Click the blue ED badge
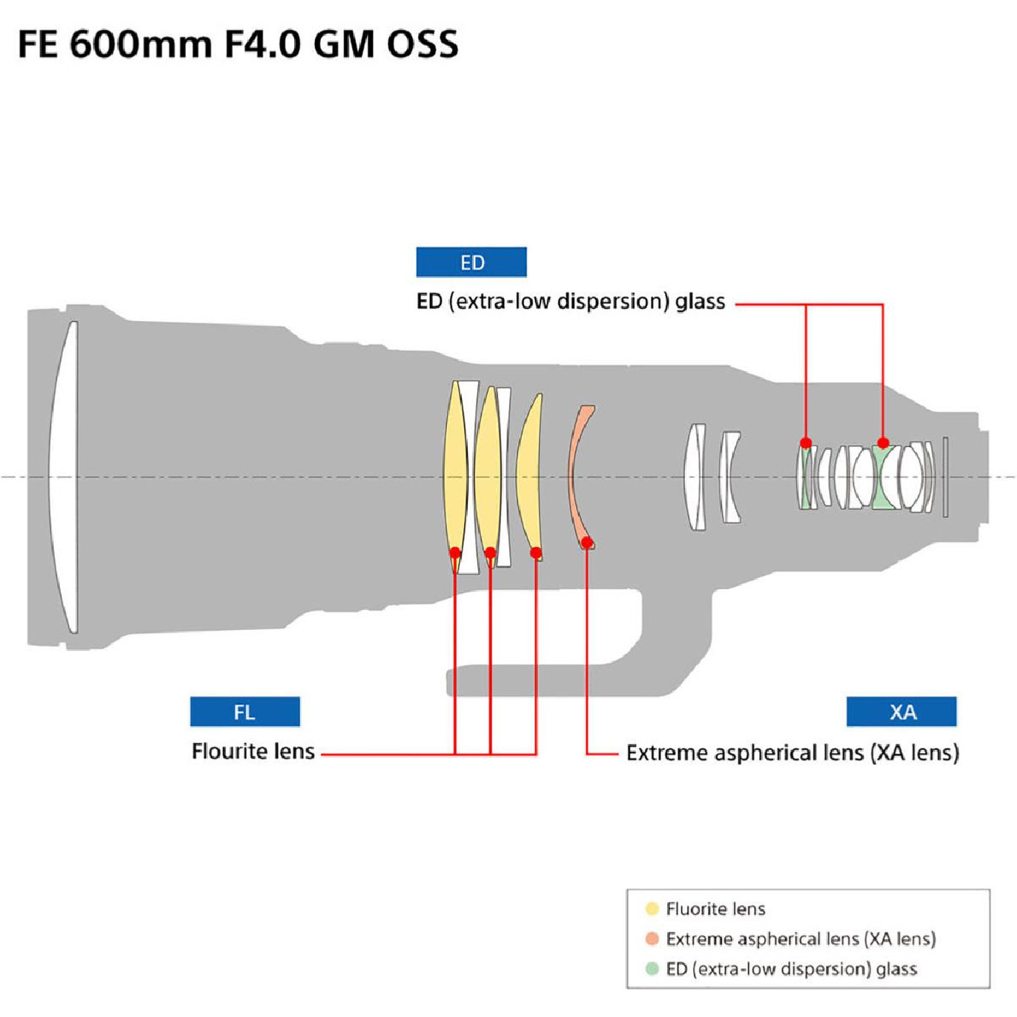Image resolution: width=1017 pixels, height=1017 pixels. [471, 262]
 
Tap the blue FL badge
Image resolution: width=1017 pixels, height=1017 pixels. [245, 712]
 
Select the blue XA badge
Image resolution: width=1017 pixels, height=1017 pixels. [901, 712]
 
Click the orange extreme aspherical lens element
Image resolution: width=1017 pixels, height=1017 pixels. [580, 477]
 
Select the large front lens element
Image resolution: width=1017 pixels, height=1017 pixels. [63, 477]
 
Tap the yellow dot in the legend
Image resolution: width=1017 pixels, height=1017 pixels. [652, 908]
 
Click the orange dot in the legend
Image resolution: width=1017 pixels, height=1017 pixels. [652, 938]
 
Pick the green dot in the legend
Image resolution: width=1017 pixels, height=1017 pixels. [652, 969]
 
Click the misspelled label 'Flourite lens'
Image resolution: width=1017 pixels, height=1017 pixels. [253, 751]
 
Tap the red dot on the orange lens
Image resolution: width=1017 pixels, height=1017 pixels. [586, 542]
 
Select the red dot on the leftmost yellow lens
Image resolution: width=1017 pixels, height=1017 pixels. [454, 552]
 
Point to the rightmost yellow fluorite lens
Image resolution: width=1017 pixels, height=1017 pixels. [529, 477]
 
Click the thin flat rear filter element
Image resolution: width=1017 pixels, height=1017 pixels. [945, 477]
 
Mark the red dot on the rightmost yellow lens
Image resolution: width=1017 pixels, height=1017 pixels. [536, 552]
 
